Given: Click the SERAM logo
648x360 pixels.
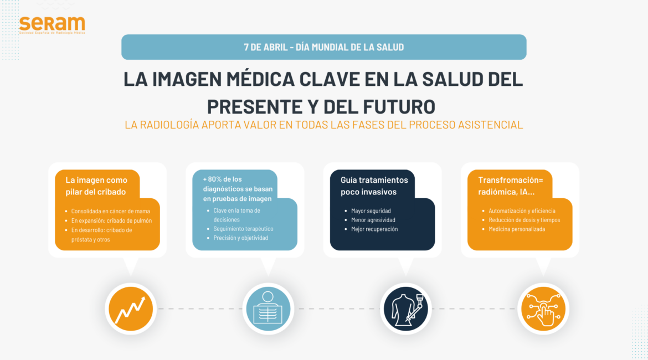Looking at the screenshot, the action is point(52,25).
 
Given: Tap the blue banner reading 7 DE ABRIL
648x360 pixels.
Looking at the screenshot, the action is point(323,47).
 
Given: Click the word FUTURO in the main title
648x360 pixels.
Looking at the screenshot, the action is point(399,106).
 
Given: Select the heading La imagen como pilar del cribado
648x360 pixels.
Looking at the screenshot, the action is point(96,186).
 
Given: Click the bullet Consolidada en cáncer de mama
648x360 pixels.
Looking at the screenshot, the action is point(110,211).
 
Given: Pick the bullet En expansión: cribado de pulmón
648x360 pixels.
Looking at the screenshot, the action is point(111,221).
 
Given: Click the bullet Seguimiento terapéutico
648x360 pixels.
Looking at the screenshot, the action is point(243,229).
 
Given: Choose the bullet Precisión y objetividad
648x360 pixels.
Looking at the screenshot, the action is point(240,238).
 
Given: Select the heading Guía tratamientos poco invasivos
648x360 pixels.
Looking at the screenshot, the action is point(374,186).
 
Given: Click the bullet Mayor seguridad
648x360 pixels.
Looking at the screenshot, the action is point(371,211).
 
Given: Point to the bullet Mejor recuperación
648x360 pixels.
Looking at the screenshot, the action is point(374,229).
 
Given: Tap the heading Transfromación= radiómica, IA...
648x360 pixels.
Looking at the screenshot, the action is point(511,186).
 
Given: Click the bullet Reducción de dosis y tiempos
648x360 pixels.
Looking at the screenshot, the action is point(524,220).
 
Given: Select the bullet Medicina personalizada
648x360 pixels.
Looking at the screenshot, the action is point(517,229).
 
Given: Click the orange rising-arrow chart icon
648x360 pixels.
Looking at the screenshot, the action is point(131,308).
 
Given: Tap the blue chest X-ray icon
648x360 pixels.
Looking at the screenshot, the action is point(268,308).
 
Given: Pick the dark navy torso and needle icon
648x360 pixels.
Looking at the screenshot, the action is point(405,308).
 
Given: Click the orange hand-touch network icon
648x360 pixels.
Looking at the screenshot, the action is point(543,308).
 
